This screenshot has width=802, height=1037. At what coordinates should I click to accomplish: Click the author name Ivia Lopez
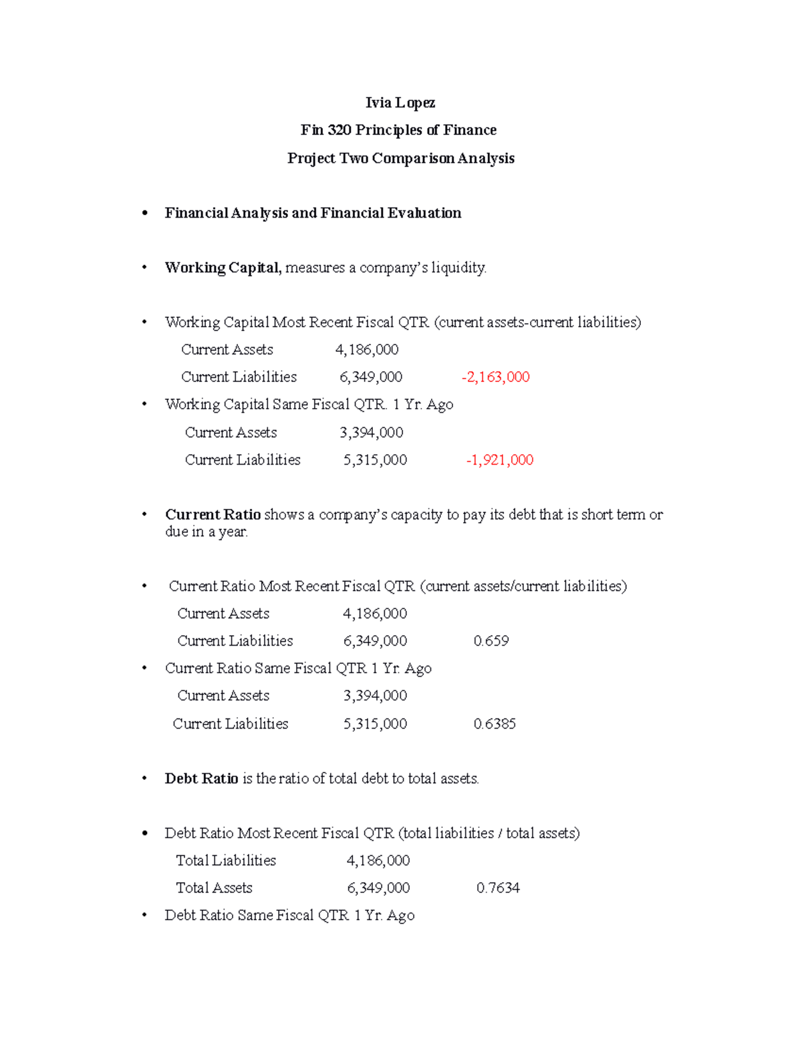click(400, 103)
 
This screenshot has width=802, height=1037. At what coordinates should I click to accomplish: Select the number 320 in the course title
click(339, 130)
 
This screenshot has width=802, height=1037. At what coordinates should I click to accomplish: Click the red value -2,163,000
click(495, 377)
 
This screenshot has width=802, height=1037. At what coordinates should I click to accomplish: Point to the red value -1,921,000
click(499, 460)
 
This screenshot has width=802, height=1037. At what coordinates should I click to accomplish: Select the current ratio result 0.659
click(491, 641)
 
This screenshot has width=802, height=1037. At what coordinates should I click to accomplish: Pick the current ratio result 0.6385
click(494, 724)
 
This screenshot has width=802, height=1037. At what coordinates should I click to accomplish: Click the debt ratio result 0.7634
click(497, 888)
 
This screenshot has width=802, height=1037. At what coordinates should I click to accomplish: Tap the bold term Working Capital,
click(223, 268)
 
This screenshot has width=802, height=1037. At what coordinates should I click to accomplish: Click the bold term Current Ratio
click(213, 515)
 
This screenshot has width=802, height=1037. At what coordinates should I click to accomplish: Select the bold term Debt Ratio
click(201, 779)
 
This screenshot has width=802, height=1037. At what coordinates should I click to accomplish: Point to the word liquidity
click(458, 268)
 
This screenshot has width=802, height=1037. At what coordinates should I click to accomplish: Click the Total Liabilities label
click(225, 861)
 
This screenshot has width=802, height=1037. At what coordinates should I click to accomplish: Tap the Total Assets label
click(214, 888)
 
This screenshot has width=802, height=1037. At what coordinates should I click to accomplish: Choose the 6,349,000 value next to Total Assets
click(378, 888)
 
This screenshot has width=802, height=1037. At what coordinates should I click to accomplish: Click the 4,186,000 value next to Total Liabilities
click(378, 861)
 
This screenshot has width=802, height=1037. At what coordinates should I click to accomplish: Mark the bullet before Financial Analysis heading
click(144, 214)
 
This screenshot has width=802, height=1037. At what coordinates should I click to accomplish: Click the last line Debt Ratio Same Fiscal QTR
click(289, 915)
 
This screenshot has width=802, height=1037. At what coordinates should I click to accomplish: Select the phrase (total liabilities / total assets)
click(489, 833)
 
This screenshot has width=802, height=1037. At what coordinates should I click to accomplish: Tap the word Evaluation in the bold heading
click(425, 213)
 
